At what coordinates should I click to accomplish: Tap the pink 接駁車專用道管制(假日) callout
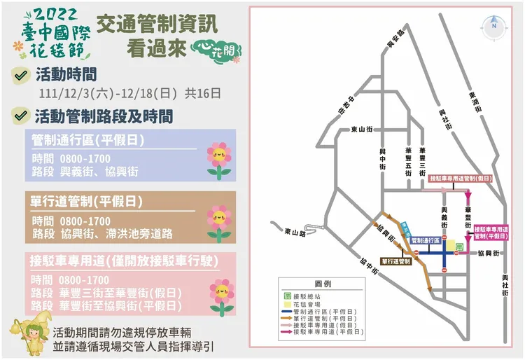pos(461,179)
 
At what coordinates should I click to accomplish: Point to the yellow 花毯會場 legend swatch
pos(286,305)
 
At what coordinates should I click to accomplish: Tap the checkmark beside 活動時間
pos(21,74)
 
